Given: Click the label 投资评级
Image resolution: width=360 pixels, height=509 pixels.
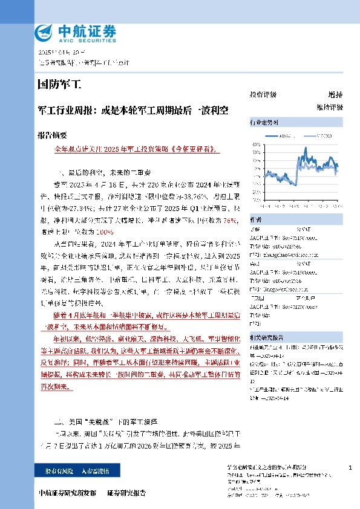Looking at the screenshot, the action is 263,95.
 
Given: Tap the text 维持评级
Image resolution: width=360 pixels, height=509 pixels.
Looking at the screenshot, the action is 329,107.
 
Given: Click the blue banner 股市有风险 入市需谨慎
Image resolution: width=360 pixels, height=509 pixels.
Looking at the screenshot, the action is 77,470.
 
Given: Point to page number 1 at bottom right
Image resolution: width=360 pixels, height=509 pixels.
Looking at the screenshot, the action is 351,468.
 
